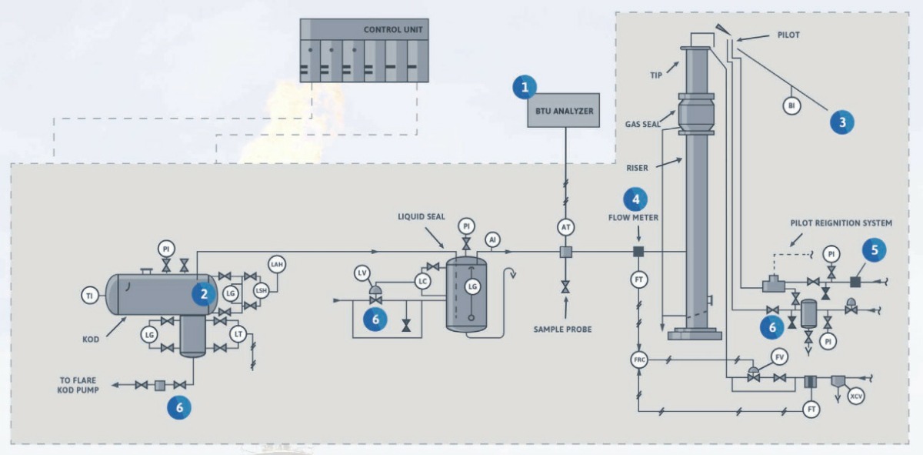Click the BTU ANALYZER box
click(565, 112)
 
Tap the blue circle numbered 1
click(525, 87)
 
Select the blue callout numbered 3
click(841, 121)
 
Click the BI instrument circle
click(791, 105)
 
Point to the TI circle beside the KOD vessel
click(90, 295)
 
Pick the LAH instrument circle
click(276, 264)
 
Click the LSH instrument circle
click(262, 290)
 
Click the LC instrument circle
click(422, 282)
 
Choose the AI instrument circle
click(492, 240)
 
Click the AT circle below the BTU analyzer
click(565, 227)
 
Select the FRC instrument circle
click(638, 360)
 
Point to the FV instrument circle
click(780, 357)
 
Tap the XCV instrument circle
click(855, 396)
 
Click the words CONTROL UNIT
click(393, 30)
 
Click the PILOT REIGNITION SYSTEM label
click(841, 223)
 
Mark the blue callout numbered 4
click(635, 199)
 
